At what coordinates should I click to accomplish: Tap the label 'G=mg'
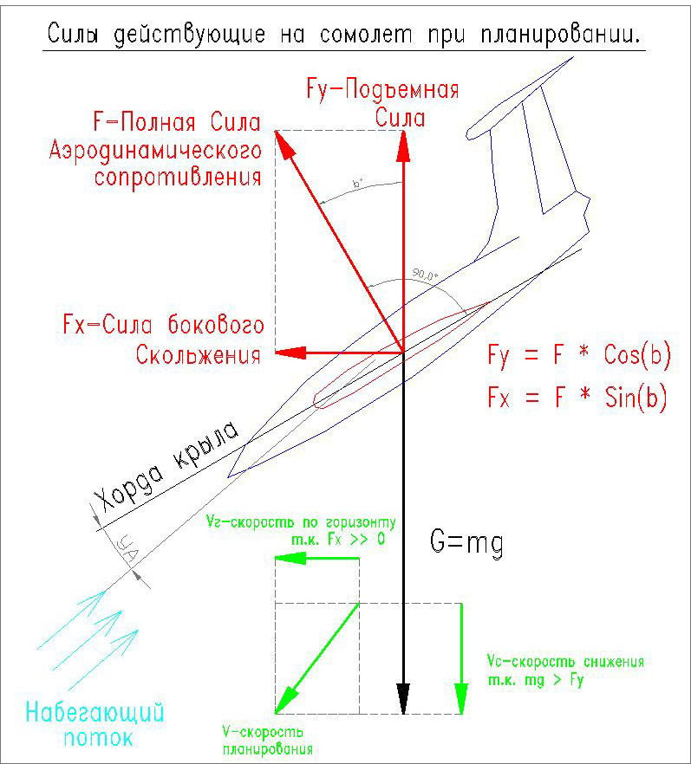(467, 544)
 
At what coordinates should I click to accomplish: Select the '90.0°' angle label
(425, 276)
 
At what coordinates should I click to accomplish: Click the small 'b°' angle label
(356, 185)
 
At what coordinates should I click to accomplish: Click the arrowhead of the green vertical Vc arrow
(461, 696)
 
